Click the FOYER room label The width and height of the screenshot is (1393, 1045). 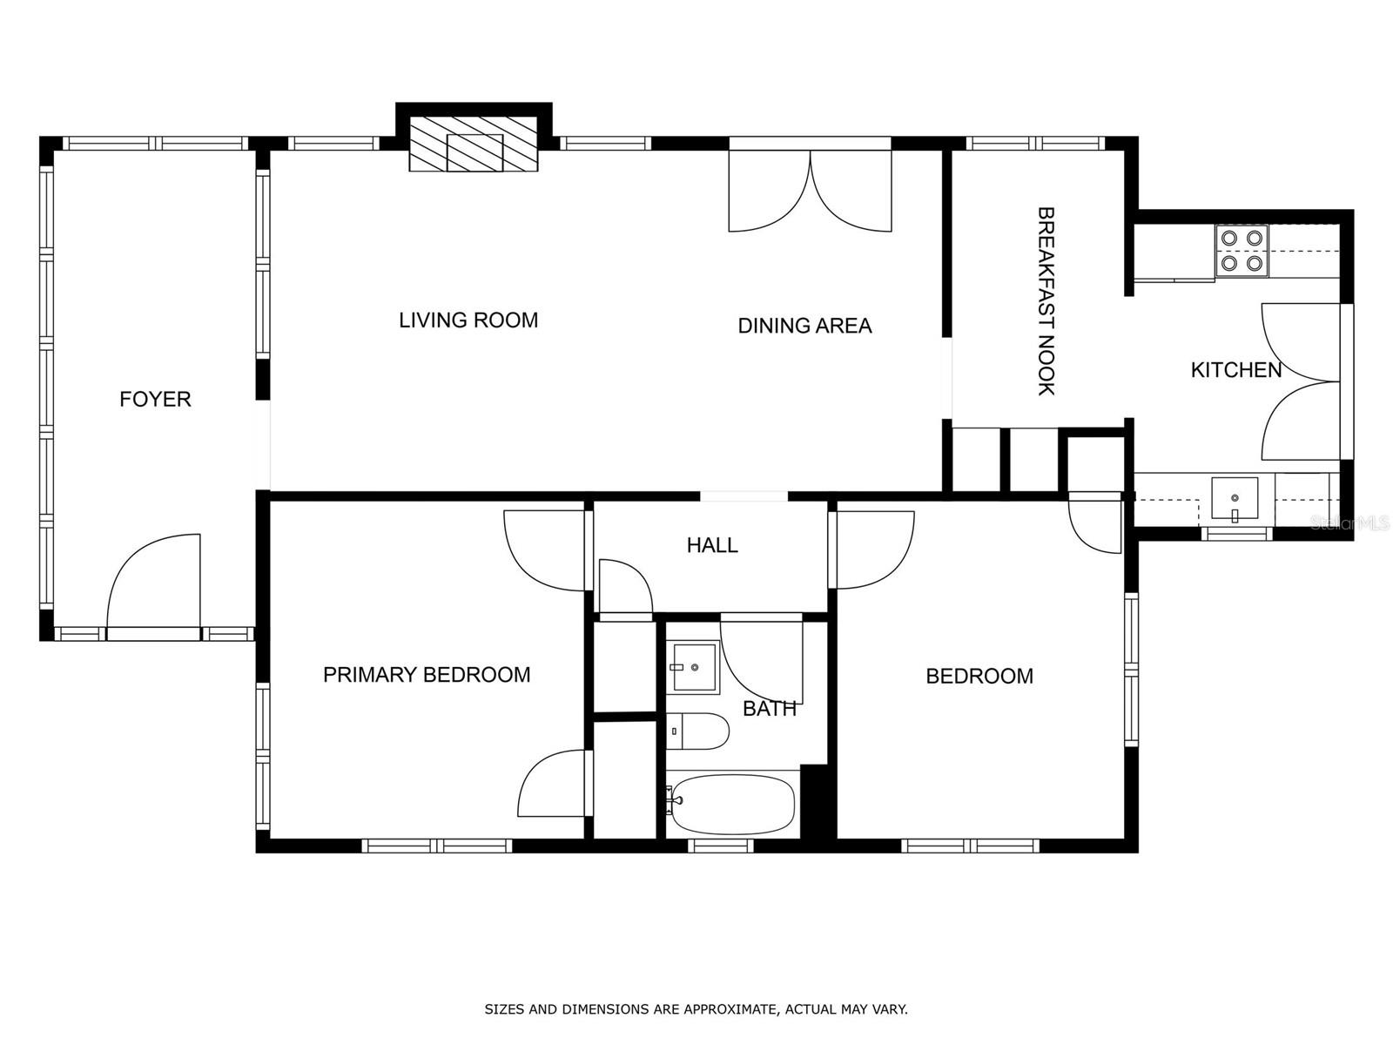click(x=155, y=399)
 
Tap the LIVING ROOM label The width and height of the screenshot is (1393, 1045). click(x=468, y=320)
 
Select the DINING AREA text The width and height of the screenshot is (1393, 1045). click(x=804, y=326)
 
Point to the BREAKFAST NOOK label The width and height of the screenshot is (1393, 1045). click(x=1046, y=300)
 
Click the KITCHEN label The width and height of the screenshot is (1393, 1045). click(x=1236, y=370)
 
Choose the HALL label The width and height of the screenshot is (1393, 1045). click(x=712, y=545)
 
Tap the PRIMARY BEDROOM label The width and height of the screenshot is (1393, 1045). click(x=427, y=674)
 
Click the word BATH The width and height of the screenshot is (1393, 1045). click(x=769, y=709)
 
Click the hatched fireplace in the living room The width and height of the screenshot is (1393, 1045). click(x=474, y=152)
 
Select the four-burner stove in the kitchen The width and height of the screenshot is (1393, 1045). click(x=1242, y=251)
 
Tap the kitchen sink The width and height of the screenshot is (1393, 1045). click(x=1235, y=499)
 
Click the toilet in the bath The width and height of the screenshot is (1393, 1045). click(x=697, y=731)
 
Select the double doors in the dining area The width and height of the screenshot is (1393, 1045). click(x=810, y=191)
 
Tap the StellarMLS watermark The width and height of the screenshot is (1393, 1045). click(x=1349, y=523)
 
